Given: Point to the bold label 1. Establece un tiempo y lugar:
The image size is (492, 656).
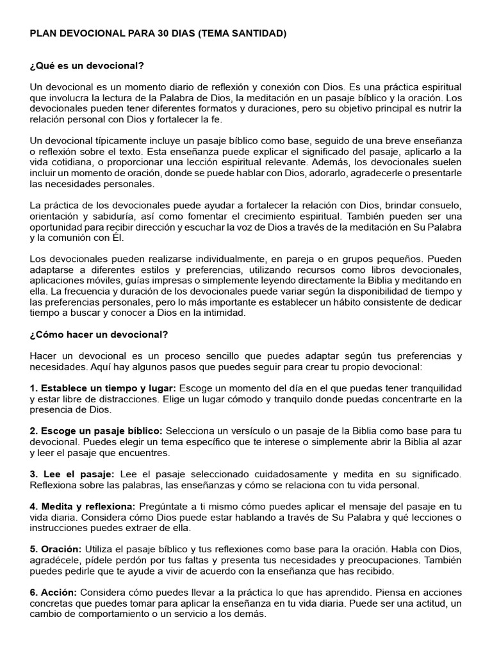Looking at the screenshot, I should point(101,389).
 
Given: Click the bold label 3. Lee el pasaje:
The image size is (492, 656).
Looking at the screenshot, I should point(72,473).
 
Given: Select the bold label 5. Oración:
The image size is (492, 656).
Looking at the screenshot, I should point(56,549).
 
